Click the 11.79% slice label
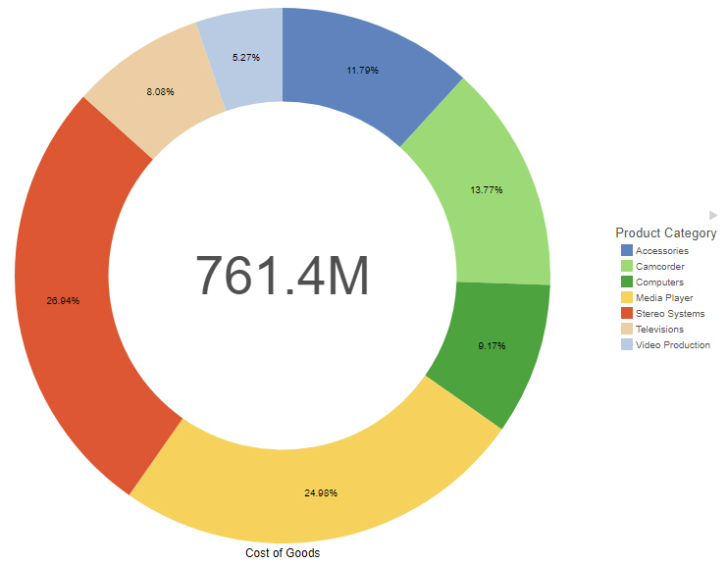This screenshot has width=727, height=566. [x=362, y=71]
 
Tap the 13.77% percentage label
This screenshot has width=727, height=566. [x=486, y=189]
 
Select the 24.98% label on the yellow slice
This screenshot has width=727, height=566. [x=320, y=492]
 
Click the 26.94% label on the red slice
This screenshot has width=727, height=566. [x=63, y=300]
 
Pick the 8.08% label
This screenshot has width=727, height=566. [x=160, y=91]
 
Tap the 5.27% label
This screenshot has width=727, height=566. [x=246, y=58]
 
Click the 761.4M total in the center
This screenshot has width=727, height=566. [x=283, y=276]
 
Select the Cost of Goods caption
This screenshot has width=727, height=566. [x=283, y=553]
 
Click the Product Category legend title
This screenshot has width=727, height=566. [x=665, y=233]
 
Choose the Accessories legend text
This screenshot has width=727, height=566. [x=662, y=251]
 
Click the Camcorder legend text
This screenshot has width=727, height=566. [x=660, y=267]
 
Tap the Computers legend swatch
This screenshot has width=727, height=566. [x=626, y=283]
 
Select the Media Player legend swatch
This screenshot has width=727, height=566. [x=626, y=298]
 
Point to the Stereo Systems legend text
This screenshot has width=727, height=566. [x=670, y=314]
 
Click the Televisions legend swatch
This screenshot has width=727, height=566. [x=626, y=330]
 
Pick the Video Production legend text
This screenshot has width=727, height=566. [x=673, y=345]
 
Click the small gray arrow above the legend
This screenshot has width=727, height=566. [x=713, y=215]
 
